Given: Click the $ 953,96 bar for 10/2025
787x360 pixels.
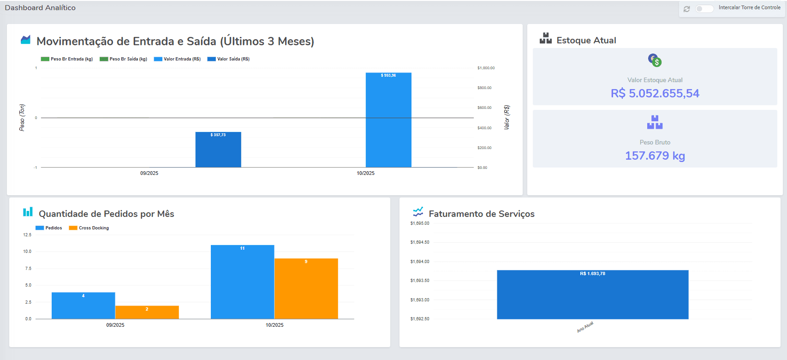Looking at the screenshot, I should click(388, 120).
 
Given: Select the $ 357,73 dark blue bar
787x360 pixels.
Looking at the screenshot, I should click(218, 150).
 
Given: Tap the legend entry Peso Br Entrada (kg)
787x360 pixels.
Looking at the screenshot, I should click(67, 59).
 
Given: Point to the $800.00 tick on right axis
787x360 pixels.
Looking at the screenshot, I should click(484, 88).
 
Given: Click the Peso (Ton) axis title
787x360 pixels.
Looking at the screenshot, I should click(22, 118).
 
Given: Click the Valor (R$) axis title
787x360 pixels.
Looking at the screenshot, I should click(507, 117).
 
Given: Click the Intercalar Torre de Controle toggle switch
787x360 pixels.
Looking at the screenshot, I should click(704, 9).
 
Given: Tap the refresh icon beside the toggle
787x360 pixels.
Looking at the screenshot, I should click(686, 9).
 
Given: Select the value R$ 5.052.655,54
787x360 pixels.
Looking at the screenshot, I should click(655, 94).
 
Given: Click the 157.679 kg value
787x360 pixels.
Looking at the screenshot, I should click(655, 156).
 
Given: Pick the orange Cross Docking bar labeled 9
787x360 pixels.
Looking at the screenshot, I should click(306, 288).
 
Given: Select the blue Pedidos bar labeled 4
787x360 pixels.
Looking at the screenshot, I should click(83, 306).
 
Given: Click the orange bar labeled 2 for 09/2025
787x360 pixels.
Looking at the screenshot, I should click(147, 312).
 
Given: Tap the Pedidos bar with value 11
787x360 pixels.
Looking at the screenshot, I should click(243, 282).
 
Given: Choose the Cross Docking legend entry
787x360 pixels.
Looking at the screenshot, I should click(89, 228).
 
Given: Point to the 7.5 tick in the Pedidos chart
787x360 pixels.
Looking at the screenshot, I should click(28, 269).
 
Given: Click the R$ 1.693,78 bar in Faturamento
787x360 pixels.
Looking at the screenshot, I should click(592, 294).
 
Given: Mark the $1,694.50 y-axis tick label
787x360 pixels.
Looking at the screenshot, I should click(419, 242).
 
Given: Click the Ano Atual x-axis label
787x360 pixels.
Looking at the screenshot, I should click(585, 327).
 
